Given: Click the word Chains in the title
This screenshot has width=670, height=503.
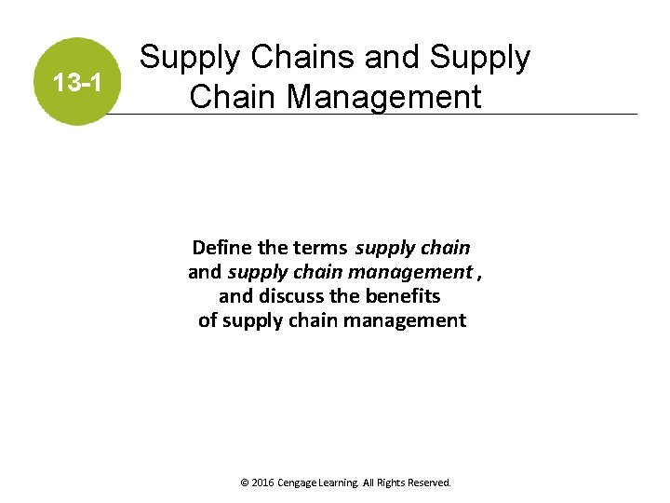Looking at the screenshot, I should point(299,59).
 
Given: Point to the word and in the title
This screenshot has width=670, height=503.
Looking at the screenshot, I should point(393,59).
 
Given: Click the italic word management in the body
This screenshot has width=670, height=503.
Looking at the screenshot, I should point(415,272).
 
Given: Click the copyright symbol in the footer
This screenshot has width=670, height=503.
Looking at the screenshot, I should point(244,483).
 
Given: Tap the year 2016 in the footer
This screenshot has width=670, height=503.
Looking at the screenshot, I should point(262,483).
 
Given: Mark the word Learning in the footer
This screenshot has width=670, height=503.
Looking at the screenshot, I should point(343,483).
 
